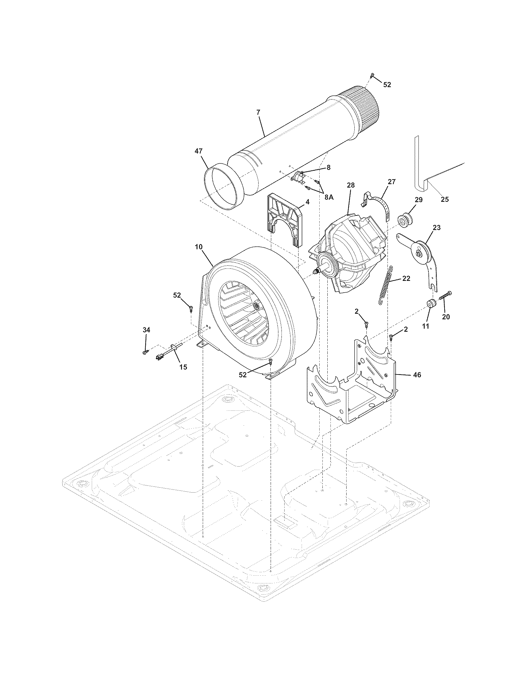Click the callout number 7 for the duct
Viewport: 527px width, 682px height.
pyautogui.click(x=258, y=113)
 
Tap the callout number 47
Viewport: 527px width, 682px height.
pyautogui.click(x=199, y=151)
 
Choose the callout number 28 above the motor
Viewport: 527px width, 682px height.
pyautogui.click(x=351, y=185)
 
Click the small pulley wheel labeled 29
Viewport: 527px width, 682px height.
pyautogui.click(x=405, y=220)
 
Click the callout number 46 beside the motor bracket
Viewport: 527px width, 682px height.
pyautogui.click(x=417, y=375)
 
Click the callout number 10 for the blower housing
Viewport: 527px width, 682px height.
pyautogui.click(x=199, y=247)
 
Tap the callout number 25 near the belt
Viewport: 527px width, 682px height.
pyautogui.click(x=444, y=199)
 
